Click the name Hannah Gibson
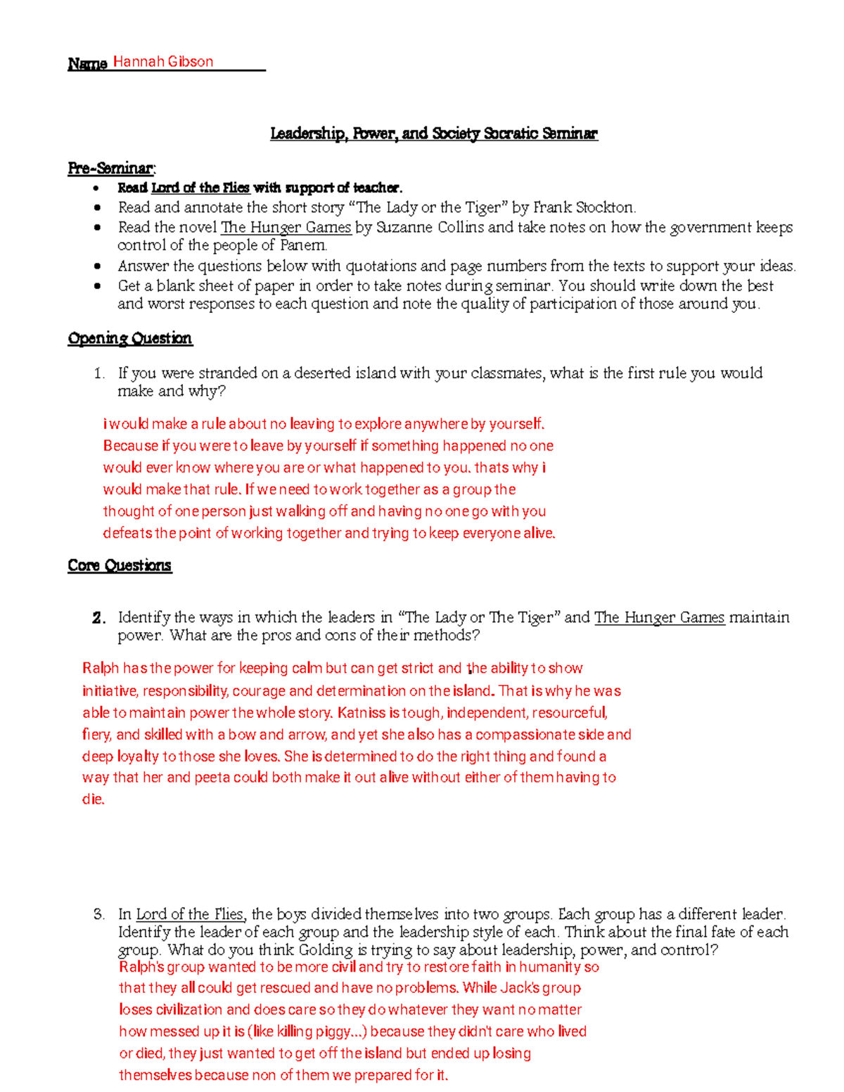pyautogui.click(x=163, y=62)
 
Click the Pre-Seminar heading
pyautogui.click(x=111, y=168)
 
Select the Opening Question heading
pyautogui.click(x=129, y=338)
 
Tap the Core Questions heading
pyautogui.click(x=120, y=565)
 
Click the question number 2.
pyautogui.click(x=98, y=618)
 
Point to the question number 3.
pyautogui.click(x=98, y=914)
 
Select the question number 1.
pyautogui.click(x=98, y=373)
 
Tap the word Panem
pyautogui.click(x=303, y=245)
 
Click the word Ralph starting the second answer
pyautogui.click(x=101, y=669)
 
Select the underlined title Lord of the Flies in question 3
pyautogui.click(x=190, y=914)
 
